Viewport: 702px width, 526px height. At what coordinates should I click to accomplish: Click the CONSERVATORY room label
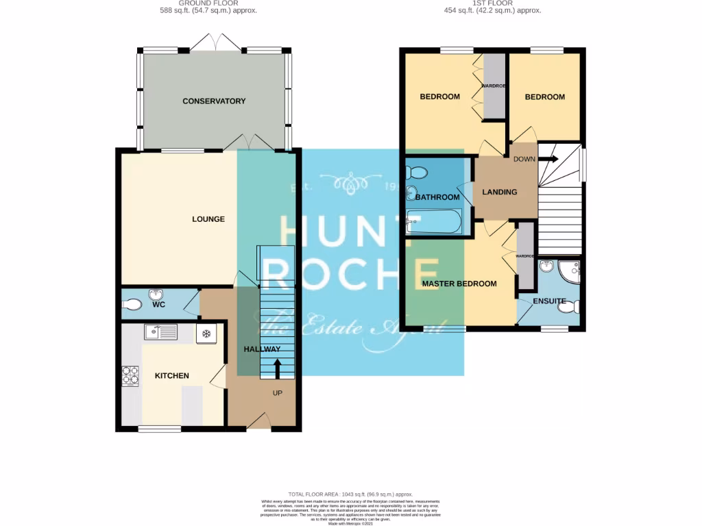(214, 101)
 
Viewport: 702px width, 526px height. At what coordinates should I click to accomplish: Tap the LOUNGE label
(208, 219)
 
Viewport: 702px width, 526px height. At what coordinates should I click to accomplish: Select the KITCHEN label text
(171, 376)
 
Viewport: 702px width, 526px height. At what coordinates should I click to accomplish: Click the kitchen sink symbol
(160, 333)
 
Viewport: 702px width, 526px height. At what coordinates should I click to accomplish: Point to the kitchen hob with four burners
(130, 376)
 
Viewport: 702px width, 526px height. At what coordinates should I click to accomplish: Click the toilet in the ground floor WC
(134, 304)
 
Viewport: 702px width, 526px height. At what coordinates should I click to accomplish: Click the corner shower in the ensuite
(570, 271)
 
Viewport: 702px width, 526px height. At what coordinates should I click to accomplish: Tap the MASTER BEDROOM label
(459, 284)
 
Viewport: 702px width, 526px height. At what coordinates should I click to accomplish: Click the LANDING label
(500, 192)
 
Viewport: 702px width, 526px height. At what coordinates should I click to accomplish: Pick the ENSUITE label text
(549, 301)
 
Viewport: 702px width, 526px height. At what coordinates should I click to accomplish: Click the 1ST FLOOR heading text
(492, 3)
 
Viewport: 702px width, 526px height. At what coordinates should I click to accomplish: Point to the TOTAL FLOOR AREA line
(350, 493)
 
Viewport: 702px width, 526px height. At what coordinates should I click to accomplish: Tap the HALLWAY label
(263, 349)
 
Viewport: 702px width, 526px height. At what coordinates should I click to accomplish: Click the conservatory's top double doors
(215, 42)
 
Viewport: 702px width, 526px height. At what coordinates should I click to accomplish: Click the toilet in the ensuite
(568, 309)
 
